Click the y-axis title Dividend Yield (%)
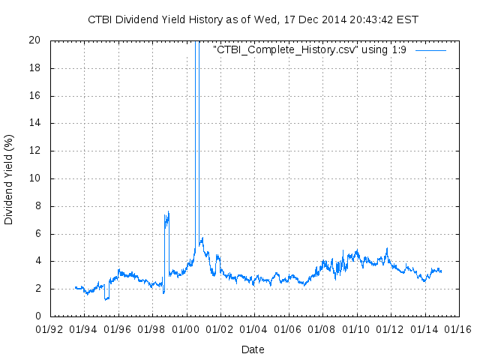9,179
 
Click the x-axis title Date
253,349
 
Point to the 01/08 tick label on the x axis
321,328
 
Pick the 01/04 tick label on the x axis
253,328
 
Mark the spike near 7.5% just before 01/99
168,214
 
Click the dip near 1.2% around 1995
106,298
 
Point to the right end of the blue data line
441,271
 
